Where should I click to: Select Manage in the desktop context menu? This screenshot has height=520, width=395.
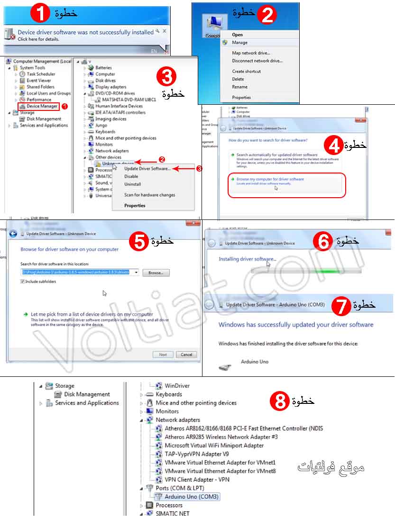[239, 43]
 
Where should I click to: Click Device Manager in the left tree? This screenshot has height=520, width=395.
[42, 106]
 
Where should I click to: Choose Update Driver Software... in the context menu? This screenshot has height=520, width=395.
[147, 169]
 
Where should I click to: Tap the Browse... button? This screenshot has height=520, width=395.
[156, 273]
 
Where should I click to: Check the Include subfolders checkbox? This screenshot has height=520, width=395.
[23, 282]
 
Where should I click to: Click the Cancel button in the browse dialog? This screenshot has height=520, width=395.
[186, 355]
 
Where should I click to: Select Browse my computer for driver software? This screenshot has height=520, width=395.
[270, 179]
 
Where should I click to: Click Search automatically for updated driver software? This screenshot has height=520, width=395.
[277, 155]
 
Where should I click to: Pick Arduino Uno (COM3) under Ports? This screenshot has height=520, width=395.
[192, 497]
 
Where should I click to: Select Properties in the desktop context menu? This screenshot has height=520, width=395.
[241, 98]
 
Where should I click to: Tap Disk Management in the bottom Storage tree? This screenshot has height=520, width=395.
[87, 394]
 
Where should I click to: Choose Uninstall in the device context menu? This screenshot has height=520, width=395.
[132, 184]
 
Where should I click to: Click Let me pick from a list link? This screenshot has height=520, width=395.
[92, 314]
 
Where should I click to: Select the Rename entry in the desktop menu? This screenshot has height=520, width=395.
[239, 87]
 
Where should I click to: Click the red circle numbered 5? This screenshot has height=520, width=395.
[139, 242]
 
